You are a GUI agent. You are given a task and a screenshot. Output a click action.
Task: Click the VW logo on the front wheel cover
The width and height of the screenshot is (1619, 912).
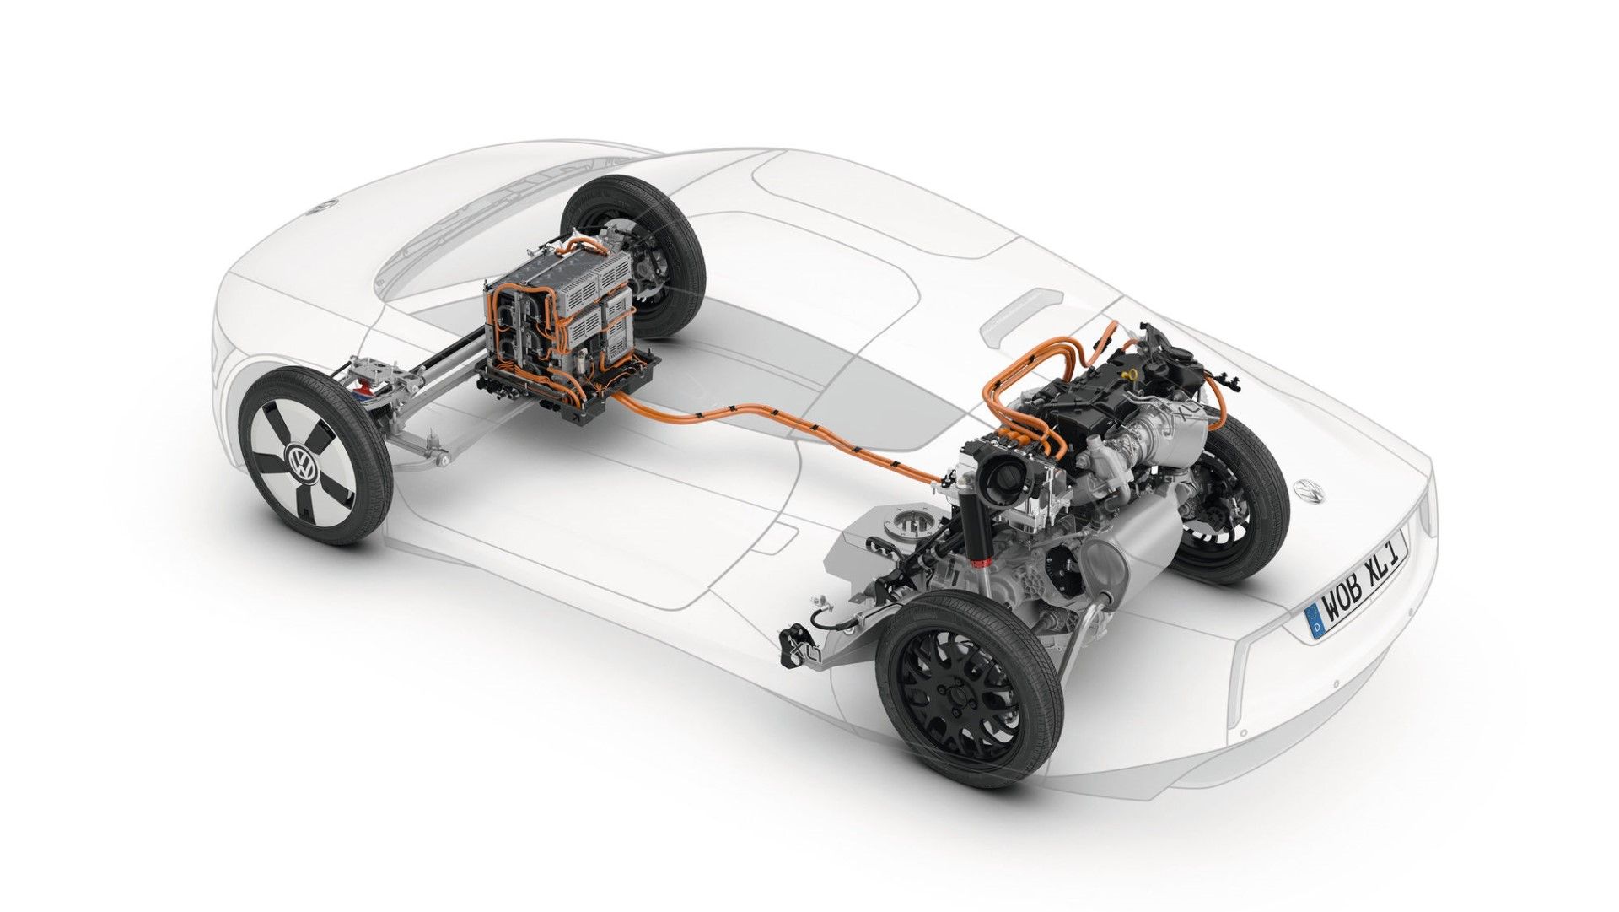point(300,461)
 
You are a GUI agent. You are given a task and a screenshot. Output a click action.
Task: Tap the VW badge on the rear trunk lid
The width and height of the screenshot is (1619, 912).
point(1309,491)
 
